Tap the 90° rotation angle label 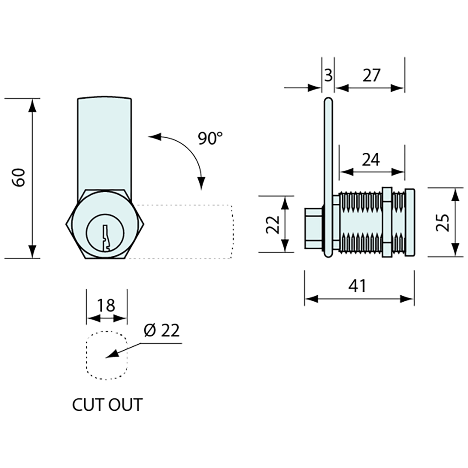[210, 138]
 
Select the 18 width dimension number [106, 305]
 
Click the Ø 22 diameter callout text [162, 331]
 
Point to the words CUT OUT [107, 405]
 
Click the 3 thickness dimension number [328, 76]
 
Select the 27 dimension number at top [371, 76]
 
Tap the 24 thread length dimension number [371, 160]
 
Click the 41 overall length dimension [357, 286]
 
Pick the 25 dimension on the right [442, 222]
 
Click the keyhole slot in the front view [106, 238]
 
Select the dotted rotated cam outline [232, 232]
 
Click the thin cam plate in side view [328, 170]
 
